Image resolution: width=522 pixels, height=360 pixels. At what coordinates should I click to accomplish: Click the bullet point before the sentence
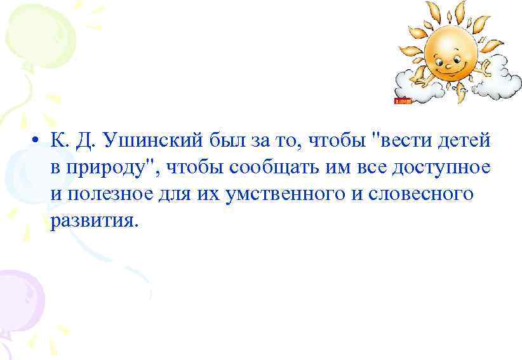39,141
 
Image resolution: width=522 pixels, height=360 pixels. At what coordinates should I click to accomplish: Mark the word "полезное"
109,194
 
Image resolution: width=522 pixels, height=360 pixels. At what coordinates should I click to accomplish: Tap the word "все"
366,167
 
